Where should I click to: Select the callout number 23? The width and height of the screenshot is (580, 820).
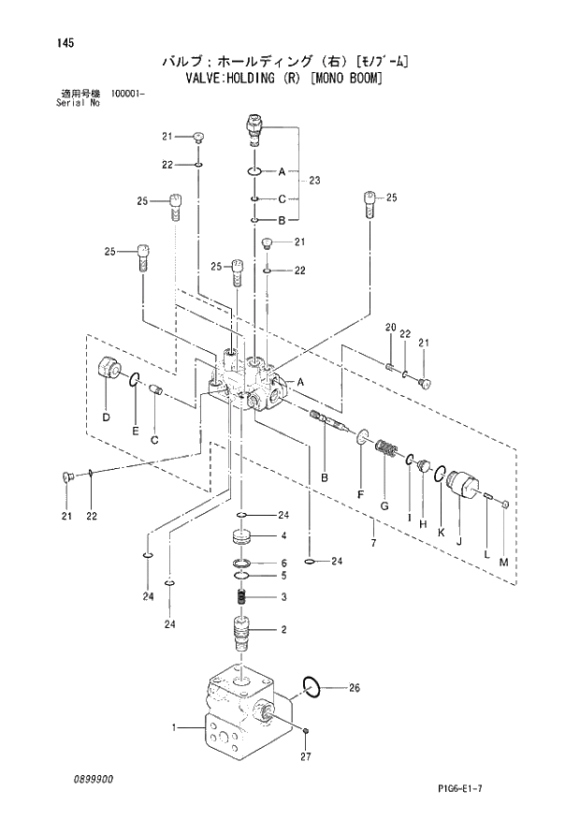click(x=314, y=180)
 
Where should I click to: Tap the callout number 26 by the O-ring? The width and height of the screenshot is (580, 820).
click(x=355, y=688)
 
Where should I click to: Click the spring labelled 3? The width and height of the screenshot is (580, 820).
click(x=241, y=597)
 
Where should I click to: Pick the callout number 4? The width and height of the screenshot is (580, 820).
click(x=283, y=535)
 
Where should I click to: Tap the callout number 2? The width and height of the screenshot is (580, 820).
click(x=283, y=630)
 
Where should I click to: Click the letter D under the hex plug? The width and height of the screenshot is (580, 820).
click(x=106, y=417)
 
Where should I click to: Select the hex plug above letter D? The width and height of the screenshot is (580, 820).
click(x=110, y=372)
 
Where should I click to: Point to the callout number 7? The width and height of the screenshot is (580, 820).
click(x=372, y=543)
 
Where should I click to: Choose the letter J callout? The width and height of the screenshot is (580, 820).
click(x=458, y=538)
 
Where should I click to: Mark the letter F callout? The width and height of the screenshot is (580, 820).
click(x=360, y=493)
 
